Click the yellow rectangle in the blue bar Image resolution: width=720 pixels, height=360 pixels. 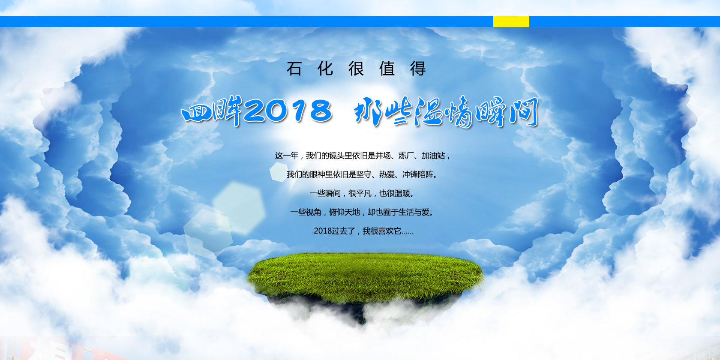[x=511, y=21]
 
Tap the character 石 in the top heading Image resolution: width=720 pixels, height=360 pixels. [x=294, y=69]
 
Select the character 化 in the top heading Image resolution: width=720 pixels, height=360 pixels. [x=325, y=69]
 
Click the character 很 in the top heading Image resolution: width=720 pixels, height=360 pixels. [x=356, y=69]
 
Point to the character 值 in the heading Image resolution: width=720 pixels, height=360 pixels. [x=387, y=69]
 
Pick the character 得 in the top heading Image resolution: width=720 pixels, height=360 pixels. [x=418, y=69]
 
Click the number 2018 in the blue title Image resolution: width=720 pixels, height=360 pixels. [x=288, y=111]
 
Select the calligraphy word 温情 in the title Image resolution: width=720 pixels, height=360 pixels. [x=444, y=112]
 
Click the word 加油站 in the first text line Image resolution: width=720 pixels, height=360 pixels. [x=433, y=156]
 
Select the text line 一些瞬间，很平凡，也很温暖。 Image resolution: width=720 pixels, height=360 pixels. [x=362, y=194]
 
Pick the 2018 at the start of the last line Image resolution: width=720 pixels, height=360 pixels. [x=321, y=231]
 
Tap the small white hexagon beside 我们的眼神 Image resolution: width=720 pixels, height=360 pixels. [x=279, y=172]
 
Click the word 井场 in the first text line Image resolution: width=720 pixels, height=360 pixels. [x=383, y=156]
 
